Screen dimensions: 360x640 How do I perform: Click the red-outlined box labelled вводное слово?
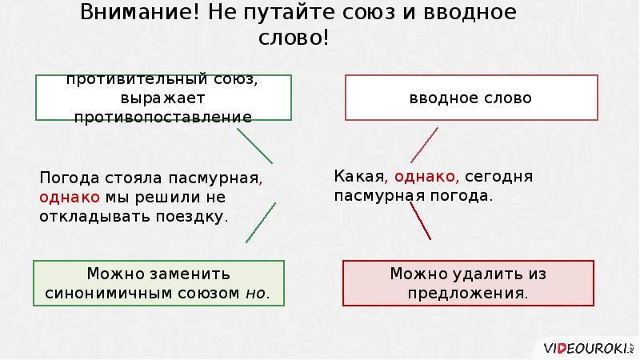tap(470, 98)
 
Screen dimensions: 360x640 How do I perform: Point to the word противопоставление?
tap(162, 117)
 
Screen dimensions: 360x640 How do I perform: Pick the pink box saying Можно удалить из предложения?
tap(468, 282)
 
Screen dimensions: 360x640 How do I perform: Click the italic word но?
tap(255, 293)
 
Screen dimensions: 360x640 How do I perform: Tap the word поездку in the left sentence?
tap(195, 216)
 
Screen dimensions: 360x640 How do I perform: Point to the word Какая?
tap(358, 176)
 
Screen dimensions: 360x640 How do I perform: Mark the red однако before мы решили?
tap(69, 197)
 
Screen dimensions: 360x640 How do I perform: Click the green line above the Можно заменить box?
tap(261, 222)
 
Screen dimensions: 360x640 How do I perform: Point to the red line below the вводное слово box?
tap(423, 145)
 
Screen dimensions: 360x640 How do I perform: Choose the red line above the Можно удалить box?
tap(421, 221)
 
